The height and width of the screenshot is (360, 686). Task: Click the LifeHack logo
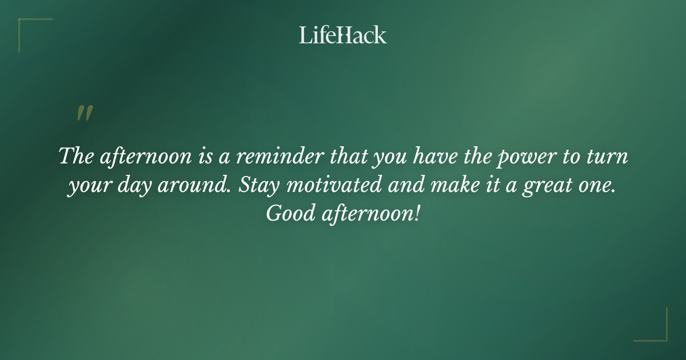[x=343, y=35]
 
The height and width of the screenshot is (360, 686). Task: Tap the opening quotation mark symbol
[x=84, y=113]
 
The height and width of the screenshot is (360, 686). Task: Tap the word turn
[x=608, y=157]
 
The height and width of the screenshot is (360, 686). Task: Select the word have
[x=425, y=157]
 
